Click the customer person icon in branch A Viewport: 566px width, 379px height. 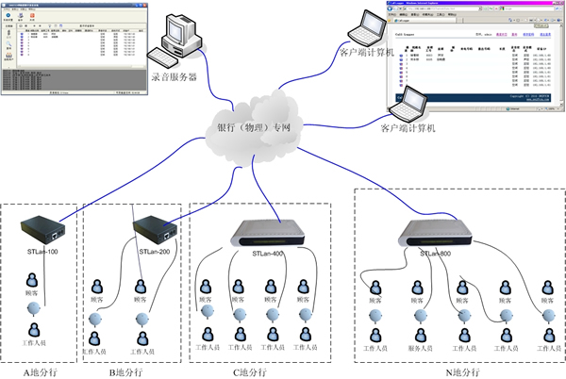[x=35, y=280]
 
